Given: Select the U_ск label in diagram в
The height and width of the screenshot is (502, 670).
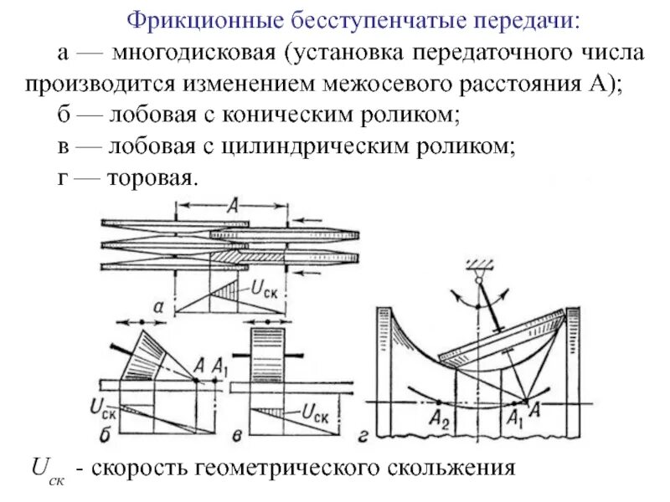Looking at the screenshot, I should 314,411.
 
